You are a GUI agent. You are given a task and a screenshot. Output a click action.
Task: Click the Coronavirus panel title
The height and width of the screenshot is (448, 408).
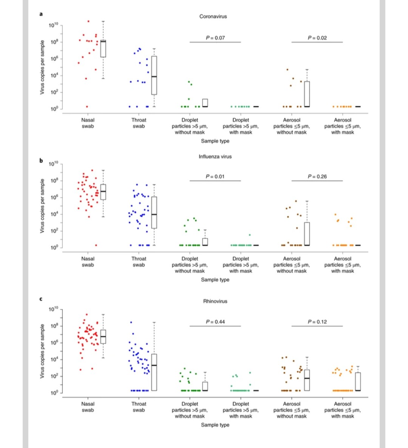(x=213, y=17)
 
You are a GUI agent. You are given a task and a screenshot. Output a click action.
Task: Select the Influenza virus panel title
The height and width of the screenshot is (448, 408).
(x=215, y=156)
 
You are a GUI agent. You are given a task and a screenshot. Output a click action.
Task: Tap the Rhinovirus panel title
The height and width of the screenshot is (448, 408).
(x=215, y=301)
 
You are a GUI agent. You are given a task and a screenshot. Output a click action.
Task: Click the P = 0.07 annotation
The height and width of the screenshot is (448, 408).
(x=215, y=38)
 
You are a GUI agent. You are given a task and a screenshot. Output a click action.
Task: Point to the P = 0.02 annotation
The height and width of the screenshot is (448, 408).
(x=317, y=38)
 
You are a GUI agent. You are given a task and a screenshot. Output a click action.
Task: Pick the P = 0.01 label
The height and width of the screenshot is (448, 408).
(x=215, y=176)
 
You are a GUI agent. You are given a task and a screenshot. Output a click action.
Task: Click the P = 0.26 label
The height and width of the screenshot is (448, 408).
(x=317, y=176)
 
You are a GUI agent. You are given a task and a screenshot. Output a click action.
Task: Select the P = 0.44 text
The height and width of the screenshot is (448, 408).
(x=215, y=322)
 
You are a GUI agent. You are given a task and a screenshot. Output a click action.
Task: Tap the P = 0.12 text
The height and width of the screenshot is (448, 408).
(x=317, y=322)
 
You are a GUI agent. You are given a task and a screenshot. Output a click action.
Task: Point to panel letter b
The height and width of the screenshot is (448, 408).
(x=41, y=160)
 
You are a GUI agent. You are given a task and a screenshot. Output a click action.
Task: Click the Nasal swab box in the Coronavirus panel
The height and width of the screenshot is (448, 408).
(x=103, y=48)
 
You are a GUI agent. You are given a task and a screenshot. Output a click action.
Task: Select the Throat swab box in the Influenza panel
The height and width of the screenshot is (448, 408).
(x=154, y=212)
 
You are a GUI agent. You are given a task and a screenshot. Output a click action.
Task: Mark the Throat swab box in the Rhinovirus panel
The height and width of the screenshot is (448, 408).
(x=154, y=372)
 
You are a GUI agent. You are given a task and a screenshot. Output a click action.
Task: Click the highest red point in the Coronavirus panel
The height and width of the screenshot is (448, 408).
(x=88, y=21)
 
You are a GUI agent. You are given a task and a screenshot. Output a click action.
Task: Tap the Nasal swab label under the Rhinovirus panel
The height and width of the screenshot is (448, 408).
(x=88, y=407)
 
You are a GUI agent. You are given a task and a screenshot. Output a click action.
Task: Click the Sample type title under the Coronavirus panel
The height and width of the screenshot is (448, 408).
(x=215, y=141)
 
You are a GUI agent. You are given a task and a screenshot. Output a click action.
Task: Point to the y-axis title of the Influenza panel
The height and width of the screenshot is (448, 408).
(x=42, y=205)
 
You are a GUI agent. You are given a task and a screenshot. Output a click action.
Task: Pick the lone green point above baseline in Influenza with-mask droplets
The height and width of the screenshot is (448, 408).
(x=249, y=235)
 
